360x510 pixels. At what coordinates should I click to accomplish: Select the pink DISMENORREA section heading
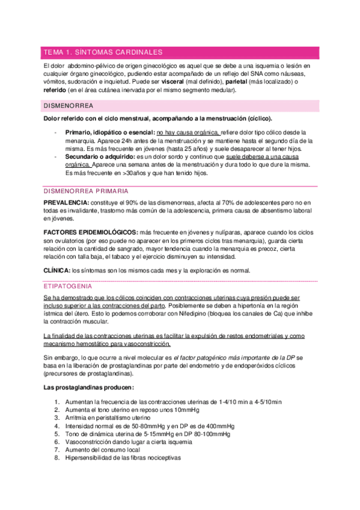[x=67, y=105]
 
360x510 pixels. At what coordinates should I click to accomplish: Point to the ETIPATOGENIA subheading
[x=67, y=286]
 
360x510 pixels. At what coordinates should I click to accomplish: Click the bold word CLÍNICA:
[x=56, y=269]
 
